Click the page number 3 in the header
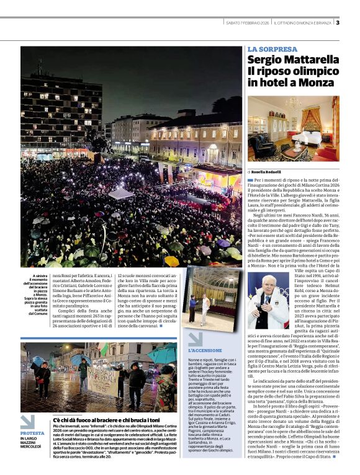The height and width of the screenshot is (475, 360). pyautogui.click(x=337, y=22)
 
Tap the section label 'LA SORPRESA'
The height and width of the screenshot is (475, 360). pyautogui.click(x=272, y=48)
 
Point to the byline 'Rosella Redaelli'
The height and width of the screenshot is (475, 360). pyautogui.click(x=268, y=171)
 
